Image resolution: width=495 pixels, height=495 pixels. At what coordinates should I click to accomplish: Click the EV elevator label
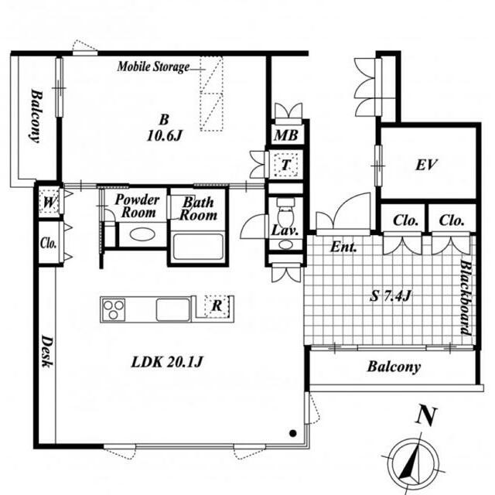pyautogui.click(x=426, y=165)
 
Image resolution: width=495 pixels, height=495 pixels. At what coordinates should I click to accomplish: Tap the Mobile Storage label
pyautogui.click(x=153, y=67)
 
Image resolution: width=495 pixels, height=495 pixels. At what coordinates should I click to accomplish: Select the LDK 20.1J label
pyautogui.click(x=166, y=362)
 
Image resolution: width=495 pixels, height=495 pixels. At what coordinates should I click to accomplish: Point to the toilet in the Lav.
pyautogui.click(x=285, y=212)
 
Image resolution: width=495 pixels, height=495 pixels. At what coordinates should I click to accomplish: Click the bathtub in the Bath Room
pyautogui.click(x=198, y=247)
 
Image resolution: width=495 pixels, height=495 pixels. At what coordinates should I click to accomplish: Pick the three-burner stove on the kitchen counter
pyautogui.click(x=114, y=309)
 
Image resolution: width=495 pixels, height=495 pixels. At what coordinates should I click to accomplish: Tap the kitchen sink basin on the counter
pyautogui.click(x=173, y=309)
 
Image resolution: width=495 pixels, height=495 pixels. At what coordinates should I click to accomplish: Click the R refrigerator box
pyautogui.click(x=217, y=306)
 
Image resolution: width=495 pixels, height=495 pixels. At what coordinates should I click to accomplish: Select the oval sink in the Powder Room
pyautogui.click(x=142, y=234)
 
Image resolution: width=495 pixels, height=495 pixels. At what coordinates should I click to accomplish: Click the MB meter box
pyautogui.click(x=286, y=135)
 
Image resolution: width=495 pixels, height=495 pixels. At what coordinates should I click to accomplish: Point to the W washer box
pyautogui.click(x=49, y=202)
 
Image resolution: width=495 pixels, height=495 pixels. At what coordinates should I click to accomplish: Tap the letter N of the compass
pyautogui.click(x=426, y=416)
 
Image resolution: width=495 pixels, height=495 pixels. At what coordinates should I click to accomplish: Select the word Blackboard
pyautogui.click(x=466, y=297)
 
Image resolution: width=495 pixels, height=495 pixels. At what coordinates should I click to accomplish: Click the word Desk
pyautogui.click(x=47, y=351)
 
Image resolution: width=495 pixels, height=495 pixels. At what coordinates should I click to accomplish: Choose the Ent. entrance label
pyautogui.click(x=343, y=247)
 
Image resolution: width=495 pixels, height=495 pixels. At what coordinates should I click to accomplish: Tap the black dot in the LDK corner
pyautogui.click(x=293, y=433)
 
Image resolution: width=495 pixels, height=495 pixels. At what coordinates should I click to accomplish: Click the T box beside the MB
pyautogui.click(x=286, y=165)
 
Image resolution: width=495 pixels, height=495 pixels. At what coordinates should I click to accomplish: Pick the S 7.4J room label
pyautogui.click(x=391, y=295)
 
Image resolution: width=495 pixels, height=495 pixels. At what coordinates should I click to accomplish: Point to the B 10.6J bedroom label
pyautogui.click(x=164, y=128)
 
